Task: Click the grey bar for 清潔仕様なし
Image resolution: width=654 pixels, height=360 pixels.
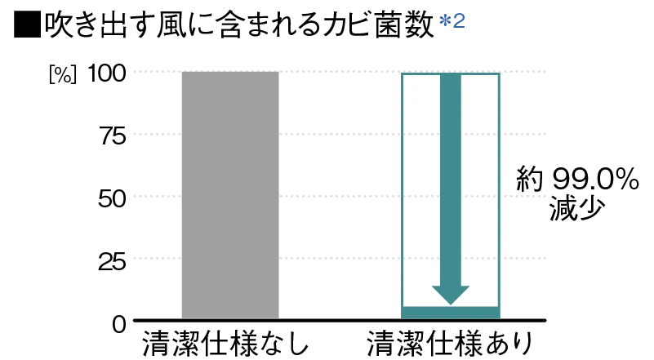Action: click(x=230, y=195)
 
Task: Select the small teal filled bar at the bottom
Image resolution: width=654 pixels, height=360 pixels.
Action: click(x=451, y=313)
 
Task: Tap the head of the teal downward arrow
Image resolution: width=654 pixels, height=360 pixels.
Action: click(x=451, y=295)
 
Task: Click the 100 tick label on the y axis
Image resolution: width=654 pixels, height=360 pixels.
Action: click(x=107, y=73)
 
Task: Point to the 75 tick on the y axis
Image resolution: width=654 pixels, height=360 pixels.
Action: click(x=113, y=136)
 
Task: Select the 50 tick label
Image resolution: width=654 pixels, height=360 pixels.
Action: click(x=112, y=198)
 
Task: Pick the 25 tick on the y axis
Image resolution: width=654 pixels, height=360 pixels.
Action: click(x=112, y=261)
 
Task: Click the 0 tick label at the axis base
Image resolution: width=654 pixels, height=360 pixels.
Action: click(x=119, y=324)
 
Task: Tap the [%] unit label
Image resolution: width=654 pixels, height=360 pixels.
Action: click(x=63, y=75)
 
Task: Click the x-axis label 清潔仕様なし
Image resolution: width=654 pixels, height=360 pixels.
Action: click(x=225, y=344)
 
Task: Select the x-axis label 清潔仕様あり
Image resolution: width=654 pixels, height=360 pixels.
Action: click(x=450, y=344)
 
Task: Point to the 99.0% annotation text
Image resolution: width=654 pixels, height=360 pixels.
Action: click(x=595, y=180)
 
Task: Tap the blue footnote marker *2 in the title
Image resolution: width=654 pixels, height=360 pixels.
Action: click(x=452, y=21)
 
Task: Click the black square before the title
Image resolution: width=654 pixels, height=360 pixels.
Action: click(x=27, y=25)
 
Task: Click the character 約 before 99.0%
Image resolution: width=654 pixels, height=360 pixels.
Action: click(x=530, y=180)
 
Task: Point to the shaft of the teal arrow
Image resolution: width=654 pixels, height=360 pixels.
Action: click(x=451, y=180)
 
